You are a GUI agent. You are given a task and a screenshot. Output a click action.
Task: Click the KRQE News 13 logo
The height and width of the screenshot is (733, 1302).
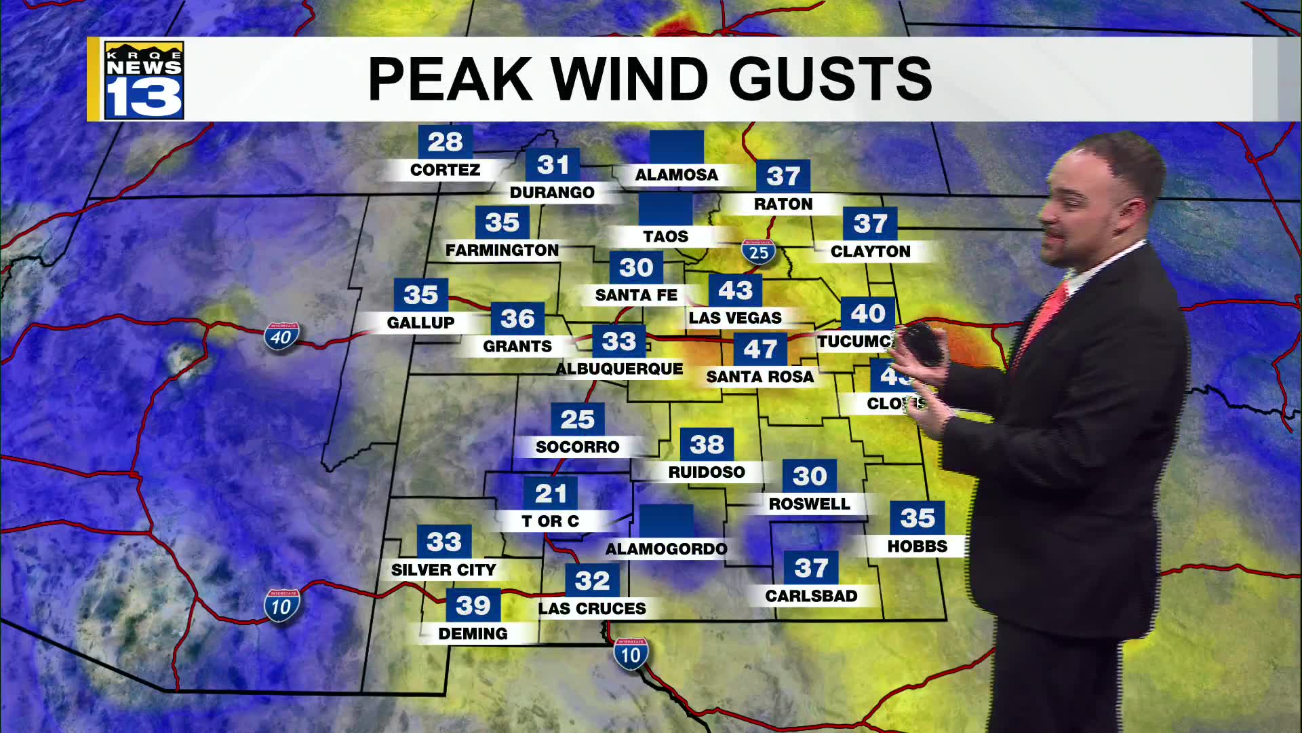[144, 80]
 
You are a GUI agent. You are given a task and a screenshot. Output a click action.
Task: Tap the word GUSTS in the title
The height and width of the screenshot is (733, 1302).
[830, 79]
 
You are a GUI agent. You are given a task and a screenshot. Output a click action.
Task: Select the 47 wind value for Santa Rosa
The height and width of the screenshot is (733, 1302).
[760, 349]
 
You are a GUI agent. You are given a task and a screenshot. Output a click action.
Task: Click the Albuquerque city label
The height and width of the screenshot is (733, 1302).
[619, 369]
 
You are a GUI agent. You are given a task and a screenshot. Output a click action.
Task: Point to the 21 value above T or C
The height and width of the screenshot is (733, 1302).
[551, 493]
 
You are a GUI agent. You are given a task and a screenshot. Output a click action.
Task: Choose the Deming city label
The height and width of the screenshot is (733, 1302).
[473, 634]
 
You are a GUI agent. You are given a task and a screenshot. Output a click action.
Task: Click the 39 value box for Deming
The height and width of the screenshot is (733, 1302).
[473, 605]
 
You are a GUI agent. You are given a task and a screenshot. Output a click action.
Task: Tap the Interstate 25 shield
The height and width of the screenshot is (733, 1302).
[759, 252]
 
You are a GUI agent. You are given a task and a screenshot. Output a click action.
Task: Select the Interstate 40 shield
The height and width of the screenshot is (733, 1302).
[281, 337]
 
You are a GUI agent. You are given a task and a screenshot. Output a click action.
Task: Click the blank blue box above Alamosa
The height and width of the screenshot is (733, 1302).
[676, 147]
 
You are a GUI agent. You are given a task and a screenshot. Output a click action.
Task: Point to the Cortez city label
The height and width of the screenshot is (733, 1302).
[445, 170]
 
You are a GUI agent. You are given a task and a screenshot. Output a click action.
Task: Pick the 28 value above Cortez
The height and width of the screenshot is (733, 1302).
[445, 142]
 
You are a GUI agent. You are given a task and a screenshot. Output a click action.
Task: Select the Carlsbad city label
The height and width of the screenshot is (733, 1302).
[811, 596]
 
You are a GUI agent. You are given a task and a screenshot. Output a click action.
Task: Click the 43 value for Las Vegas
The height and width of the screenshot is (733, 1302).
[735, 290]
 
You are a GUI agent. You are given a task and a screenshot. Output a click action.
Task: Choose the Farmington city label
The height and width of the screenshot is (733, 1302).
[502, 250]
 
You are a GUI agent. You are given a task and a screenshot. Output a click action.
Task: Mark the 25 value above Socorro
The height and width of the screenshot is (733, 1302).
[577, 419]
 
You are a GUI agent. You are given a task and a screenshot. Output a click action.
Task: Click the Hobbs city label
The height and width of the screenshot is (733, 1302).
[917, 546]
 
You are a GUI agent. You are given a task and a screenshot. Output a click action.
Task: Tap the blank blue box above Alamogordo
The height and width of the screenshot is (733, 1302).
[667, 521]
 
